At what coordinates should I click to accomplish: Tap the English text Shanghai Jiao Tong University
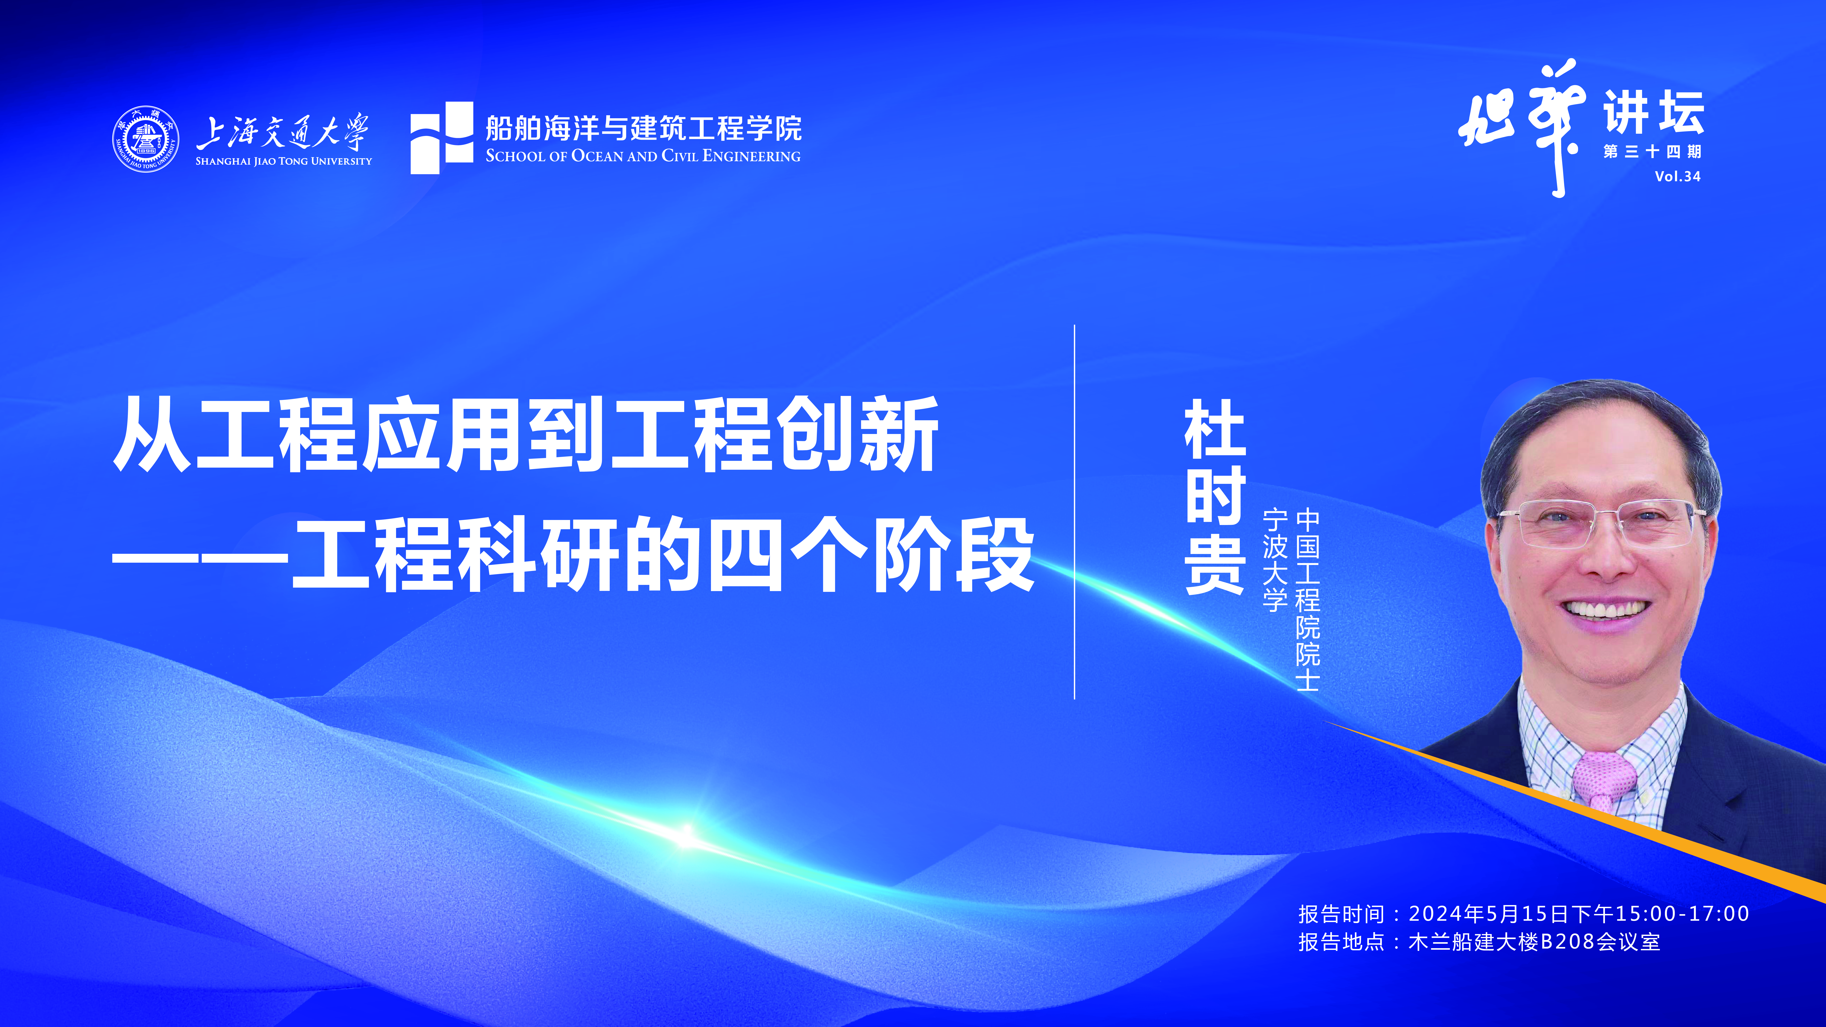[283, 161]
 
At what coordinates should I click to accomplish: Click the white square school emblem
[442, 138]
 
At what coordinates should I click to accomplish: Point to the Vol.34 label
[1678, 176]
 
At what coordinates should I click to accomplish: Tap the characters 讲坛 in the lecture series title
[1654, 112]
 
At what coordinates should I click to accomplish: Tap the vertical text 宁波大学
[1274, 560]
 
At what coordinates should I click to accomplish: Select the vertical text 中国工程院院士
[1308, 600]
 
